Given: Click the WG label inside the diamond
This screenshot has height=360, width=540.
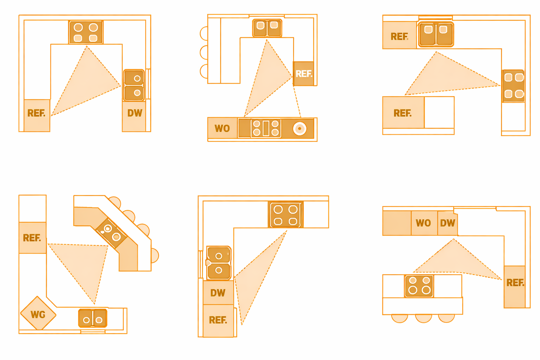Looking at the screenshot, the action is [38, 314].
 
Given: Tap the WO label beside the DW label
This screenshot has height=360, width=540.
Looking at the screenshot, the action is [423, 223].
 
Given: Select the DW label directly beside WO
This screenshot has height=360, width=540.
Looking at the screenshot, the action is [447, 223].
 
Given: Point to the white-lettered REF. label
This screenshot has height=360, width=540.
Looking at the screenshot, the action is [304, 74].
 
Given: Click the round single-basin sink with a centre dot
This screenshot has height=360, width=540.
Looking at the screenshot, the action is [299, 129].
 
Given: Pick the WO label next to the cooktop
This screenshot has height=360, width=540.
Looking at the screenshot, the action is [222, 129].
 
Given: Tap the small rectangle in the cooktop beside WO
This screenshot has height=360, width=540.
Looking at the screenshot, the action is [266, 128].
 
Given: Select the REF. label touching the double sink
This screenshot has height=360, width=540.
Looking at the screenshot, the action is [399, 36].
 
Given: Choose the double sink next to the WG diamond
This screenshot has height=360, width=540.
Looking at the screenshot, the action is [92, 318].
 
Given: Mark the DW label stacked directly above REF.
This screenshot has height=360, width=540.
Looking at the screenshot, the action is [218, 293].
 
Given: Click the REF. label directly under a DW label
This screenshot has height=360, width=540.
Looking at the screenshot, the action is [218, 320].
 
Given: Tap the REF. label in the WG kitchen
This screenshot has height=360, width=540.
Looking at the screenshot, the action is [32, 238].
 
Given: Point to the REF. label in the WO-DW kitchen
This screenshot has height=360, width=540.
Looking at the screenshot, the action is [515, 283].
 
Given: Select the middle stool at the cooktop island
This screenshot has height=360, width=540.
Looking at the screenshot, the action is [423, 318].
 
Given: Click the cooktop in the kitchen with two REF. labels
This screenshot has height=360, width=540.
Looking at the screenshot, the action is [513, 86].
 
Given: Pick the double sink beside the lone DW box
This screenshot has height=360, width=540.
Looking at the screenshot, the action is [134, 85].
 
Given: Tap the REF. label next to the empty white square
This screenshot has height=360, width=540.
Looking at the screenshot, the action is [403, 113].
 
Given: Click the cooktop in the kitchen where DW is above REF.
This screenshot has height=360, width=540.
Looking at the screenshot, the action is [285, 215].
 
